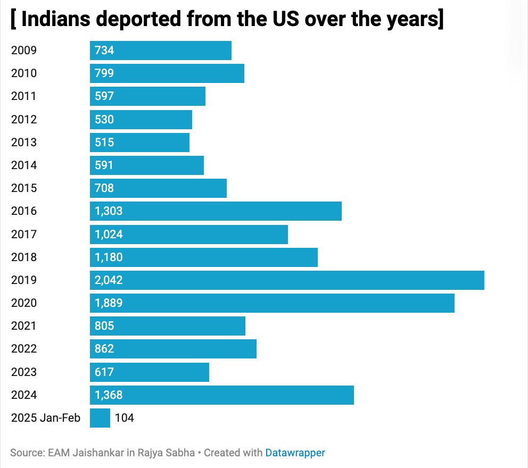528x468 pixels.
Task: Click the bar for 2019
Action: coord(287,280)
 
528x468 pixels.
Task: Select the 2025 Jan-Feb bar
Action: coord(100,418)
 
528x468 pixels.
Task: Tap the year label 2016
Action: coord(24,211)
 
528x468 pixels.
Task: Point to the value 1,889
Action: coord(109,303)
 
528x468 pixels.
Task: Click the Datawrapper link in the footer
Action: coord(295,453)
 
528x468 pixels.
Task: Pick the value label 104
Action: coord(125,418)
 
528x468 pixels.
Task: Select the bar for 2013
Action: coord(139,143)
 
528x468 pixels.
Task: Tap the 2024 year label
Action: coord(24,395)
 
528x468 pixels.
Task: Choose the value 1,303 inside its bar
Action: coord(109,211)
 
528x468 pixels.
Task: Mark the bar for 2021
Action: coord(167,326)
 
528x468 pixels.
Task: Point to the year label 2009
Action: coord(24,51)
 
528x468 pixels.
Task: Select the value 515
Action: coord(104,143)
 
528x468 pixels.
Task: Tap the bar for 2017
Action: coord(188,234)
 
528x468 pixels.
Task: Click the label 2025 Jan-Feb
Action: coord(46,418)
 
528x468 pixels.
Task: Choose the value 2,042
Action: coord(109,280)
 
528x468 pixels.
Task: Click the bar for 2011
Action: coord(147,96)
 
